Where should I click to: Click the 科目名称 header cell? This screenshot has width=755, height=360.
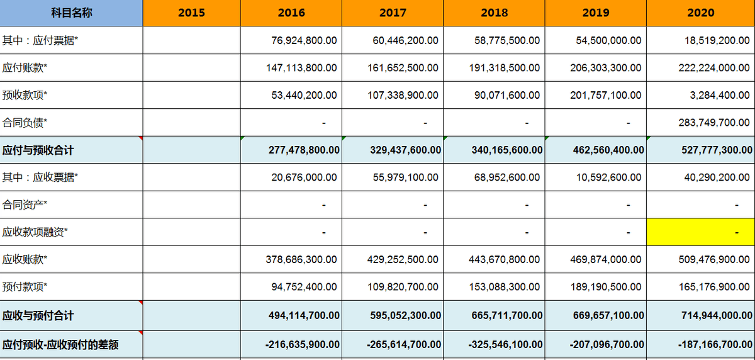coord(71,13)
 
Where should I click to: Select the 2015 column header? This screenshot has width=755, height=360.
coord(191,13)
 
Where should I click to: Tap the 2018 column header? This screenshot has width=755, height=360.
coord(494,13)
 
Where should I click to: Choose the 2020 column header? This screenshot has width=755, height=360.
coord(701,13)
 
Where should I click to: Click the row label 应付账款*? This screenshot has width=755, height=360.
coord(25,68)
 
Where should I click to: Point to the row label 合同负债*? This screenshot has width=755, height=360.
coord(25,123)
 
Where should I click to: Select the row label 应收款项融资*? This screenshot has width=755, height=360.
coord(35,232)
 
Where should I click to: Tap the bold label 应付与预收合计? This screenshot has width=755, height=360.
coord(38,150)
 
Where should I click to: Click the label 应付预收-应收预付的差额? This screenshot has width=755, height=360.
coord(60,345)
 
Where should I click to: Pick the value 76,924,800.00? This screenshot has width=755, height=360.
coord(304,40)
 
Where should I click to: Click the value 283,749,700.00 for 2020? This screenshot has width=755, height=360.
coord(714,122)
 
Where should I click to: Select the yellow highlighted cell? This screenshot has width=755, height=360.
coord(701,232)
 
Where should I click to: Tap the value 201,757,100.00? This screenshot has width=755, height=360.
coord(606,95)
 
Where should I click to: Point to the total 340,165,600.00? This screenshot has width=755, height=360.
coord(507,150)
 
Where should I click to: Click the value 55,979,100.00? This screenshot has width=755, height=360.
coord(405,177)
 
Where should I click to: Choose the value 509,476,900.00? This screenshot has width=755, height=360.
coord(714,259)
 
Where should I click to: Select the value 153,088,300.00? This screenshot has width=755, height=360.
coord(505,287)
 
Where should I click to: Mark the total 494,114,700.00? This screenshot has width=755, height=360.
coord(304,315)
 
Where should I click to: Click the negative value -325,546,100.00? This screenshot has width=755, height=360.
coord(505,344)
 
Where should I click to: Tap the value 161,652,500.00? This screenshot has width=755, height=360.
coord(403,68)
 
